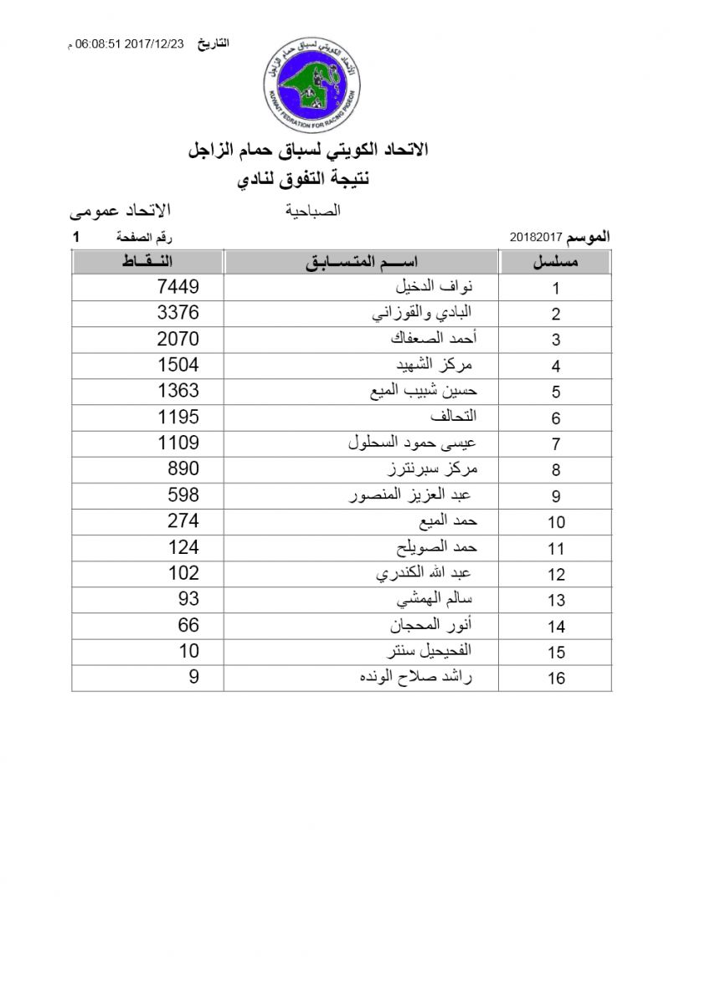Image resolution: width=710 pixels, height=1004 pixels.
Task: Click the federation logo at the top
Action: (313, 77)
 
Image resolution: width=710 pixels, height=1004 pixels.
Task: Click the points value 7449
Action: (178, 287)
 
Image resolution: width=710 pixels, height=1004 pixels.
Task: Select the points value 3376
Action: (178, 313)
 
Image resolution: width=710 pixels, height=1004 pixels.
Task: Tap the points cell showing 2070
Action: (178, 339)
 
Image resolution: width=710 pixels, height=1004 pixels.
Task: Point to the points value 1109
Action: (178, 443)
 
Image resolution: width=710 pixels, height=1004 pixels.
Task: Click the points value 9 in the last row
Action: (194, 677)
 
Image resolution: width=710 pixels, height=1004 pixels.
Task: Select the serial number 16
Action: (557, 679)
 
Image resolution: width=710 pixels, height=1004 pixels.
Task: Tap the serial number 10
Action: (557, 523)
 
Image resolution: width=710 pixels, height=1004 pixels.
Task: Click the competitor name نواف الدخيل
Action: (434, 287)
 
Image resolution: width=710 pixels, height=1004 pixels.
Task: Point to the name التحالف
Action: (452, 417)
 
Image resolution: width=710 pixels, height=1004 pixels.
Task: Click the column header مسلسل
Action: (556, 262)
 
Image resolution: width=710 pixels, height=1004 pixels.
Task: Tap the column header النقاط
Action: (147, 262)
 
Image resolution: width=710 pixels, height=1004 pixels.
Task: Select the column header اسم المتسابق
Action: (362, 262)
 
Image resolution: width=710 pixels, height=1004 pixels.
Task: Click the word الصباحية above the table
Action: (313, 212)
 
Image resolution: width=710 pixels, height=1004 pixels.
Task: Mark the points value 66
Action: (188, 625)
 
